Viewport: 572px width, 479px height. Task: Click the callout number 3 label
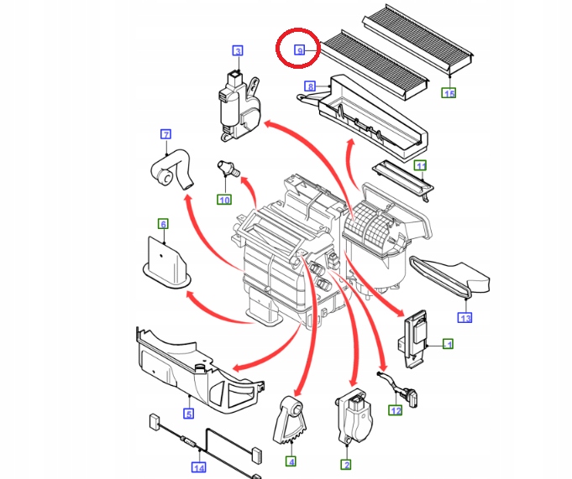tap(238, 52)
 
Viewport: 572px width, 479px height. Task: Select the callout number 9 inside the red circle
tap(299, 51)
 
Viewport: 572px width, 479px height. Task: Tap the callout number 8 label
tap(310, 86)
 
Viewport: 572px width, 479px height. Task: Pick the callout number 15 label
tap(449, 92)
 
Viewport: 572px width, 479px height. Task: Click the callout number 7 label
tap(165, 135)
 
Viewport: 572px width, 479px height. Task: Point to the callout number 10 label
tap(224, 199)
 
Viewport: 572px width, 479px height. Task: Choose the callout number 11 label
tap(421, 165)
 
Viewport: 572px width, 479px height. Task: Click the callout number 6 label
tap(163, 223)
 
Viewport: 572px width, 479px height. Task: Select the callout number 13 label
tap(464, 317)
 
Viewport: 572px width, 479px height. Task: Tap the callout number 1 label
tap(449, 344)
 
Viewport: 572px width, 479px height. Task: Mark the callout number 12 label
tap(395, 410)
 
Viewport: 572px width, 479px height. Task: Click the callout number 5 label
tap(189, 414)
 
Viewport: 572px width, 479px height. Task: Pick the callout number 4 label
tap(291, 461)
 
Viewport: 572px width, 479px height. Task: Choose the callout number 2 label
tap(345, 464)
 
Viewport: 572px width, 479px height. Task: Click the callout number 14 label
tap(198, 468)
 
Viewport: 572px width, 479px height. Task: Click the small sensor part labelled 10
tap(227, 167)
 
